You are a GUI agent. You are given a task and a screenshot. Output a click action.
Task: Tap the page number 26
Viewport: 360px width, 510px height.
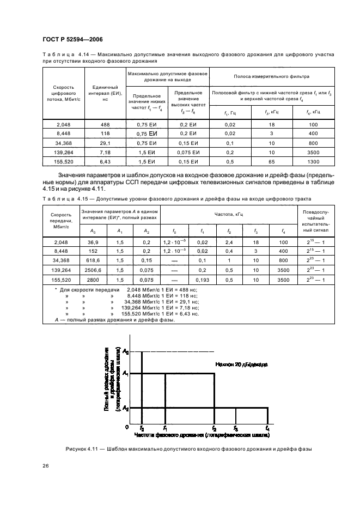[x=45, y=466]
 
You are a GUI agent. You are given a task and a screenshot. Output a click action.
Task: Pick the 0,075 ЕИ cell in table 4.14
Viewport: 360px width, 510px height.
[x=188, y=153]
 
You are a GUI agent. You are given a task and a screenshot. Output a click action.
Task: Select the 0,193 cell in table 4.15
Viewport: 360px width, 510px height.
[x=203, y=280]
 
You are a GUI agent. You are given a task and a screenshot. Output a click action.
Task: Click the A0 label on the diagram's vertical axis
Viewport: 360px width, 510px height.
[x=125, y=351]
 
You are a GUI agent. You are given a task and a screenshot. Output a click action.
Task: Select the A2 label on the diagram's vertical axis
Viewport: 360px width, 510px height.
[x=125, y=408]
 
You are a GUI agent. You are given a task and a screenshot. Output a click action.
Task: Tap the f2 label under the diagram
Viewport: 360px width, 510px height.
[x=214, y=428]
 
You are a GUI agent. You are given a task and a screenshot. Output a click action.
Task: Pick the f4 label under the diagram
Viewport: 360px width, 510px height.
[x=267, y=428]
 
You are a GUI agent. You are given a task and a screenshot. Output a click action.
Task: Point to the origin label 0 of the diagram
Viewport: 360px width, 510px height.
[x=126, y=427]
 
